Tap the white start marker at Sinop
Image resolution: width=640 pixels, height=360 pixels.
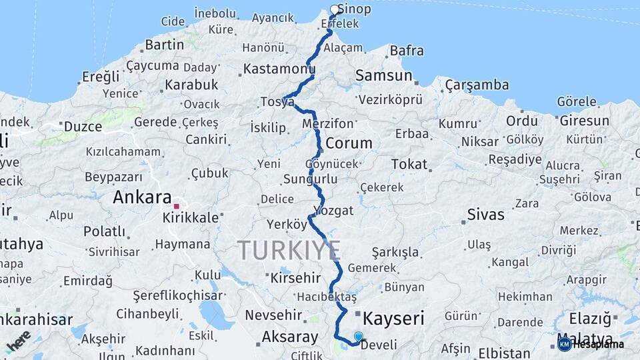pyautogui.click(x=335, y=10)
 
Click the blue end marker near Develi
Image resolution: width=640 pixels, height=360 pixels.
pyautogui.click(x=359, y=337)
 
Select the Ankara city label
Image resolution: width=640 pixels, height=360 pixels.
pyautogui.click(x=142, y=197)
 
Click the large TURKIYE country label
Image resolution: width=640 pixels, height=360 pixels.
pyautogui.click(x=289, y=250)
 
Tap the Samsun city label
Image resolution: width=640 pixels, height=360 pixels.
pyautogui.click(x=383, y=75)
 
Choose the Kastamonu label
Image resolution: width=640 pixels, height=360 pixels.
pyautogui.click(x=279, y=69)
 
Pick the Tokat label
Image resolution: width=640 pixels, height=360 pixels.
pyautogui.click(x=409, y=164)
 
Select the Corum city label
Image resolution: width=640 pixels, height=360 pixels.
pyautogui.click(x=349, y=143)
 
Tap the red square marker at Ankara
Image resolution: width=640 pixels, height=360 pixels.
pyautogui.click(x=176, y=206)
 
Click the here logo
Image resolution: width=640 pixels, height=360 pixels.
pyautogui.click(x=19, y=341)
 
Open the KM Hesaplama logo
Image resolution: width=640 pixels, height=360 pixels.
pyautogui.click(x=591, y=344)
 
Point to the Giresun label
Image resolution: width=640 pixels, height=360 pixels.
pyautogui.click(x=584, y=121)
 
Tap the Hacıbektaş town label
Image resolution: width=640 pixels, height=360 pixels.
pyautogui.click(x=327, y=296)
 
